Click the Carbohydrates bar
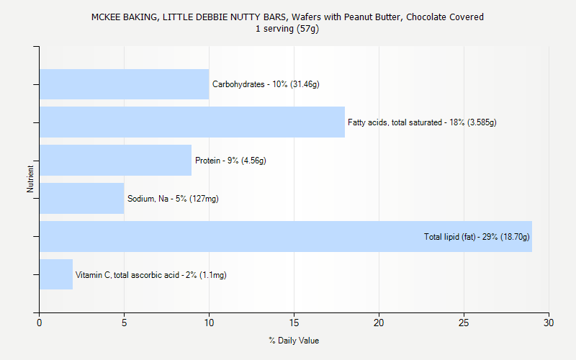click(124, 84)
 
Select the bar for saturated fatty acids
click(192, 122)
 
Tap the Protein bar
click(115, 161)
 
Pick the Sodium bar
click(81, 199)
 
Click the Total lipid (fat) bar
click(230, 236)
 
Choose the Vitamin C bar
click(56, 274)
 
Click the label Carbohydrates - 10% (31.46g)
click(266, 84)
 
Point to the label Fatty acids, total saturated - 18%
click(422, 122)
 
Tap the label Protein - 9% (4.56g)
click(230, 161)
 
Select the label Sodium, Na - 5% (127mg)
click(173, 199)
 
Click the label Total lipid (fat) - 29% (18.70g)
click(477, 236)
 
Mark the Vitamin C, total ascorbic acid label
click(151, 274)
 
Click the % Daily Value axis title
click(294, 341)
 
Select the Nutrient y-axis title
click(31, 179)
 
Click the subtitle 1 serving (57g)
click(287, 29)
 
